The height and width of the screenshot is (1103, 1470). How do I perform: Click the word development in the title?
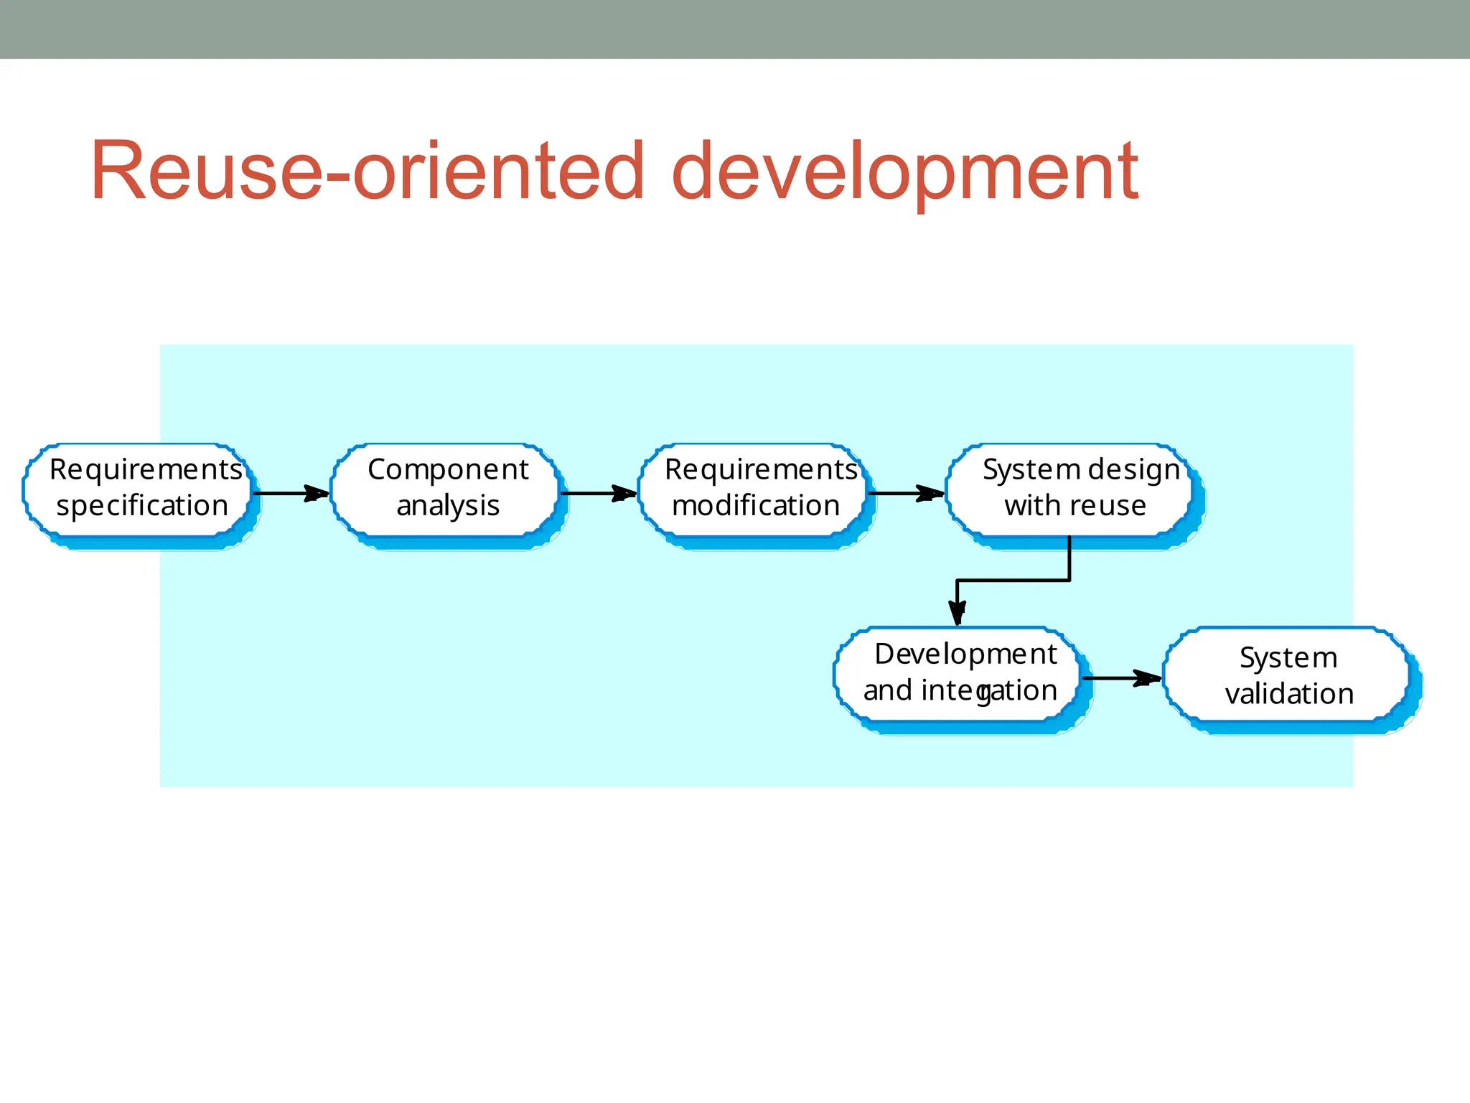[904, 172]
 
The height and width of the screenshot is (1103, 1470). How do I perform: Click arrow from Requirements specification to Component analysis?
[291, 493]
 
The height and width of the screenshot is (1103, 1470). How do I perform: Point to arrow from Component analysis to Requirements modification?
[597, 493]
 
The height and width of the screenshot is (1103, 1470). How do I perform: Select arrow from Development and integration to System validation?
[1121, 677]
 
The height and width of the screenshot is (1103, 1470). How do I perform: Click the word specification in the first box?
[142, 506]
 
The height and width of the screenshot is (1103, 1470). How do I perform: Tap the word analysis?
[448, 506]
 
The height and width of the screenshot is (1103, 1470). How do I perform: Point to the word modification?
[756, 506]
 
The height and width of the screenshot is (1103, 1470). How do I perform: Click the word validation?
[1289, 694]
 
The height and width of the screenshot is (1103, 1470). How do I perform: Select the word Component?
[448, 470]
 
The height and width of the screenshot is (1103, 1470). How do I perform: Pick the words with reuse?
[1075, 506]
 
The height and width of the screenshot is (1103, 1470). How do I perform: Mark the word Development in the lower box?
[965, 654]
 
